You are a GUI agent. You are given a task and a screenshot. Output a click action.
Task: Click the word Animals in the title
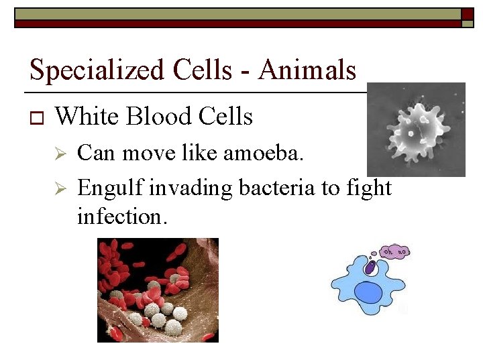307,69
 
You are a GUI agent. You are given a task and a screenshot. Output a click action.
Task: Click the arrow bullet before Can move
59,155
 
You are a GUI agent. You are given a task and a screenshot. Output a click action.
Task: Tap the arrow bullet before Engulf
59,189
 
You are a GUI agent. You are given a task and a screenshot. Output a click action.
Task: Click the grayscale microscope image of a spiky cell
416,129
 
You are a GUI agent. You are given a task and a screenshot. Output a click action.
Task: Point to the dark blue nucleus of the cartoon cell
367,292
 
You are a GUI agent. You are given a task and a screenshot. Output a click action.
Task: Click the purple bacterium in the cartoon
370,267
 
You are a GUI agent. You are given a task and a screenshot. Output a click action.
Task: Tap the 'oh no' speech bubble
394,252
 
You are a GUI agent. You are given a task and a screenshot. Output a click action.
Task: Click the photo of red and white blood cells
158,290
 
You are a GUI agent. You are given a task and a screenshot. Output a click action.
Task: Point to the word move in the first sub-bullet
138,154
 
